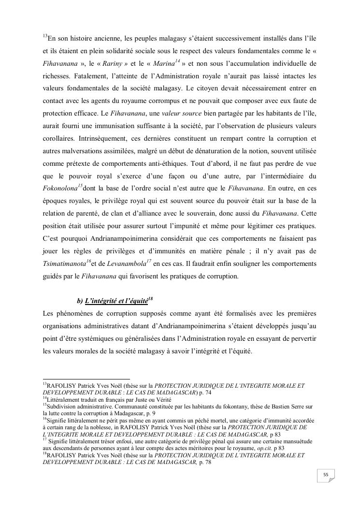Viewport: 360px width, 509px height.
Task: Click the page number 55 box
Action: [x=326, y=475]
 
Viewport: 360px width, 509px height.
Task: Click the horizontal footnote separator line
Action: [x=86, y=379]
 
